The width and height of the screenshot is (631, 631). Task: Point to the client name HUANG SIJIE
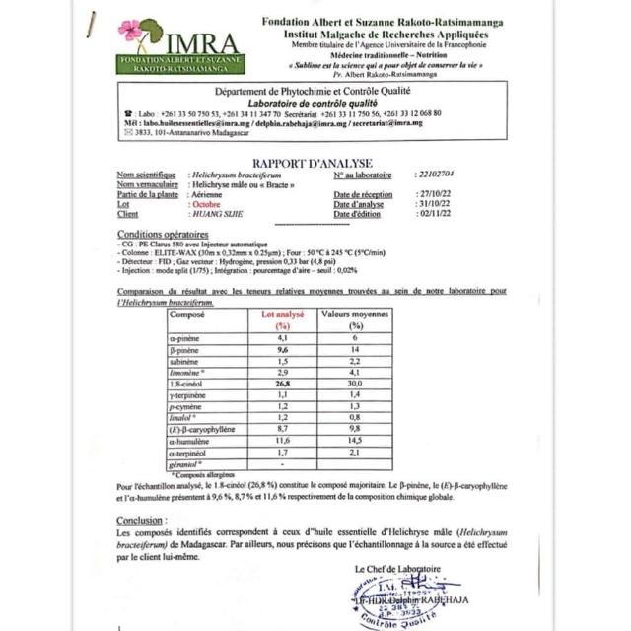coord(220,214)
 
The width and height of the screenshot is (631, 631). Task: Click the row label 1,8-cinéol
coord(185,385)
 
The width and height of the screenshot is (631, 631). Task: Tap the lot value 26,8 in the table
coord(282,385)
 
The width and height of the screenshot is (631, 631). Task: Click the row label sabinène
coord(184,361)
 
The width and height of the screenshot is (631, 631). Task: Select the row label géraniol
coord(184,464)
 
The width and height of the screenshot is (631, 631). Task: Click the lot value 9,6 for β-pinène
coord(282,349)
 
